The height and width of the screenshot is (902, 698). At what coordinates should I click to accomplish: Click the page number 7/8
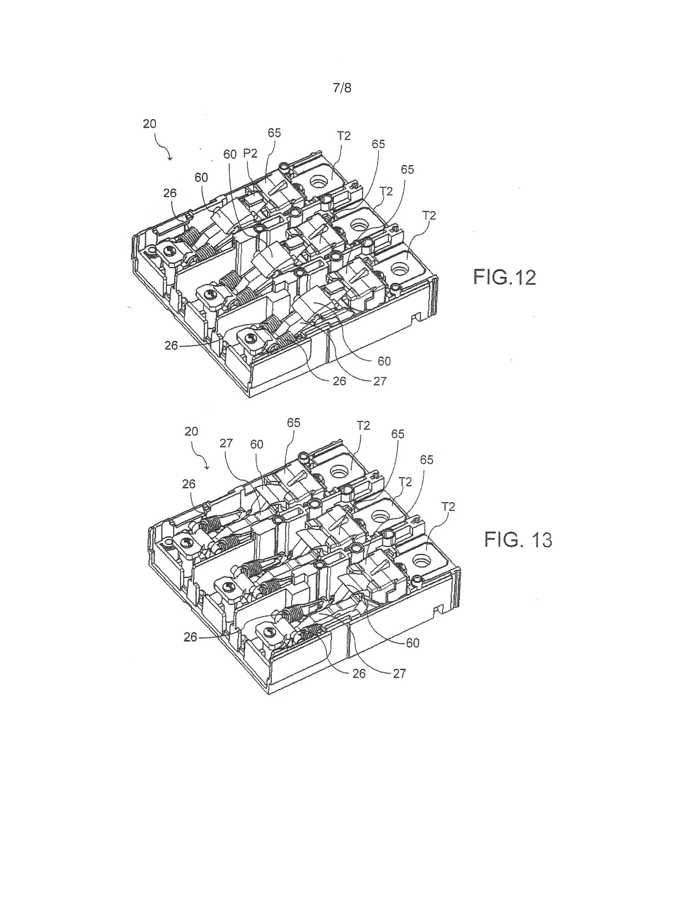click(342, 88)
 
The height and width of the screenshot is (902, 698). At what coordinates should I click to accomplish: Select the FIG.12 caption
click(504, 277)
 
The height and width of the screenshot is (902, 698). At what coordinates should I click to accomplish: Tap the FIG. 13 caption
click(518, 539)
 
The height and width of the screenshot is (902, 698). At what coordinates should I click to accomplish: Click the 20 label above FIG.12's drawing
click(149, 124)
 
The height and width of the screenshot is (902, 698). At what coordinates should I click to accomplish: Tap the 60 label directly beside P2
click(230, 154)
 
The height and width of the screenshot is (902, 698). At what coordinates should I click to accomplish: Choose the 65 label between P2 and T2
click(274, 133)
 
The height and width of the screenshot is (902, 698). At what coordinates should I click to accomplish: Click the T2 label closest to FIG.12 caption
click(429, 215)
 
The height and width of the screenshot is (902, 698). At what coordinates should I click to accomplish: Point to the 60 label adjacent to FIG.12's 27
click(384, 361)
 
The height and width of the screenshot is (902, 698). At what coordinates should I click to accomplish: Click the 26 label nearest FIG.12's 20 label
click(169, 193)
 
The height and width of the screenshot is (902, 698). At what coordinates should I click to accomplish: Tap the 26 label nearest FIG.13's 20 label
click(189, 484)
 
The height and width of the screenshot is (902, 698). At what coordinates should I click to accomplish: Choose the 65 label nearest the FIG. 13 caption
click(427, 459)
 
